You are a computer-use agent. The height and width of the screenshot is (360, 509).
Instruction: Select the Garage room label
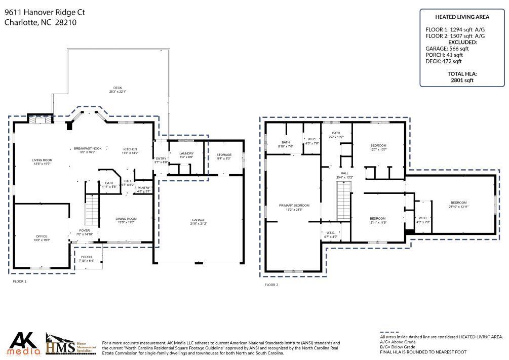199,221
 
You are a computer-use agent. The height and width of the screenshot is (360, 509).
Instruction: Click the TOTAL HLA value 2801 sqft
461,80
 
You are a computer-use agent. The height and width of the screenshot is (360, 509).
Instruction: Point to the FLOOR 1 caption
20,281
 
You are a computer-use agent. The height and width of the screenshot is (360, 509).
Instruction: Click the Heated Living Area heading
461,17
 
